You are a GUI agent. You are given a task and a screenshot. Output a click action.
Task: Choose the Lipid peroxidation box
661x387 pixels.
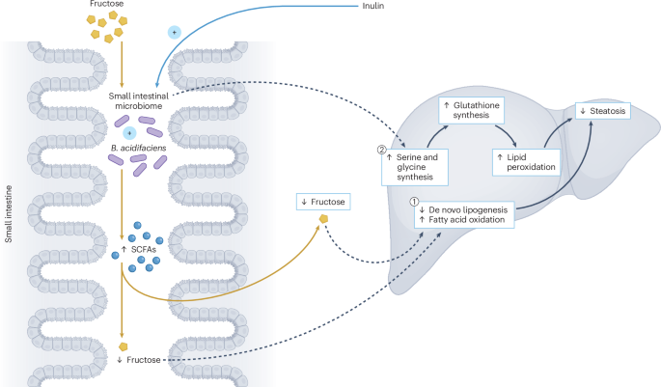(525, 161)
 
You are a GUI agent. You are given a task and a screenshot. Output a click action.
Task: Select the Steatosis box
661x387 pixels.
(602, 113)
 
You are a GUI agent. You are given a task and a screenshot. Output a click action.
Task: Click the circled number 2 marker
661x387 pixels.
(383, 150)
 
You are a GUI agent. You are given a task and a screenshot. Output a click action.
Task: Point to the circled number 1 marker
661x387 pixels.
(415, 203)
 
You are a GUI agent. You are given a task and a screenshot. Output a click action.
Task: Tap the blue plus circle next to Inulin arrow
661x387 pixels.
(175, 32)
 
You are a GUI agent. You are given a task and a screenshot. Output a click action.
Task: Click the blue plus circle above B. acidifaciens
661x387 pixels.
(128, 131)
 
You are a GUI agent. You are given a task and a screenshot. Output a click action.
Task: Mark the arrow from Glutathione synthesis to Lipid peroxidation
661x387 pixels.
(514, 132)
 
